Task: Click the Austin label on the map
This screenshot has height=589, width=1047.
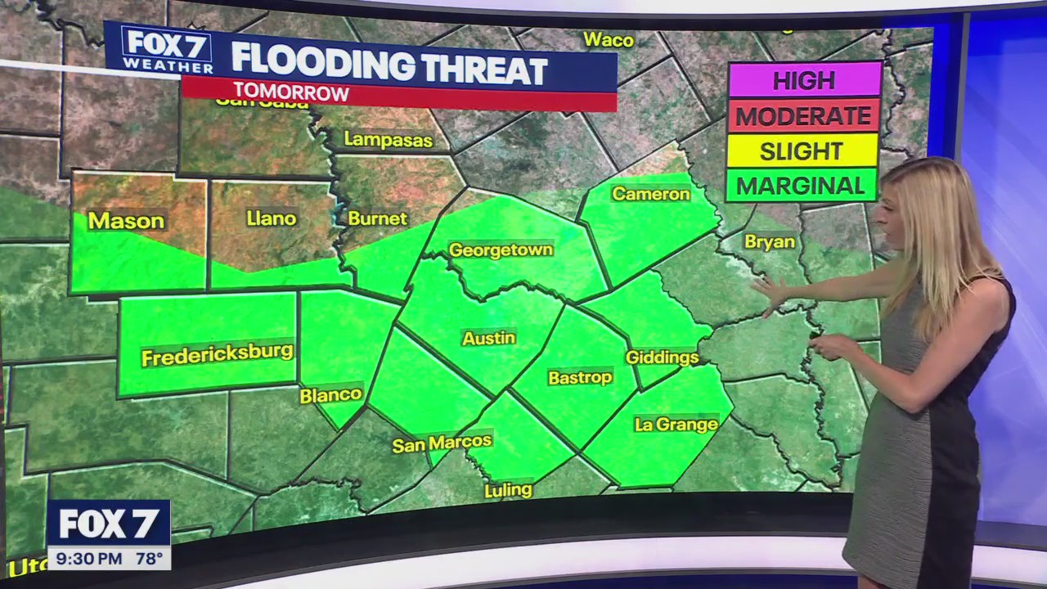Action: click(x=488, y=338)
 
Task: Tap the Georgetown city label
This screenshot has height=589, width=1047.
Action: click(x=501, y=250)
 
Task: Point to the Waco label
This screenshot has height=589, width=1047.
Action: click(x=609, y=39)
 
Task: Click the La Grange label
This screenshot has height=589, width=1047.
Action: click(x=676, y=425)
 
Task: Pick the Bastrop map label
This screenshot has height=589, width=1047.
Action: click(x=580, y=377)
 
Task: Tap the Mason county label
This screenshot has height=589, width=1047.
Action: click(x=126, y=221)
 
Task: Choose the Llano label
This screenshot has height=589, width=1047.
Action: click(x=271, y=218)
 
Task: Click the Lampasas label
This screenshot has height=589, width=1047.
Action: click(x=388, y=139)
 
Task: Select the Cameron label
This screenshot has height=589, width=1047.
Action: click(x=651, y=194)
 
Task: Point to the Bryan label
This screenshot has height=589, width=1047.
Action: click(x=769, y=242)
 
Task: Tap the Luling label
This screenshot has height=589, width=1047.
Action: click(x=508, y=491)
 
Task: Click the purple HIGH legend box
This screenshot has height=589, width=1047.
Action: click(x=803, y=80)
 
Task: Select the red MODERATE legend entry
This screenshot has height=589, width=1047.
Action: click(x=803, y=115)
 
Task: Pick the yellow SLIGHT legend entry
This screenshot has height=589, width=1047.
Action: click(x=802, y=151)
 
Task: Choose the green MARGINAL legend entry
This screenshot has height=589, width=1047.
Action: click(x=801, y=186)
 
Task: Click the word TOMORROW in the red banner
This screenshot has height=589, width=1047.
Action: click(x=291, y=92)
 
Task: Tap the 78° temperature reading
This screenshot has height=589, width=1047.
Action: click(x=148, y=560)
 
